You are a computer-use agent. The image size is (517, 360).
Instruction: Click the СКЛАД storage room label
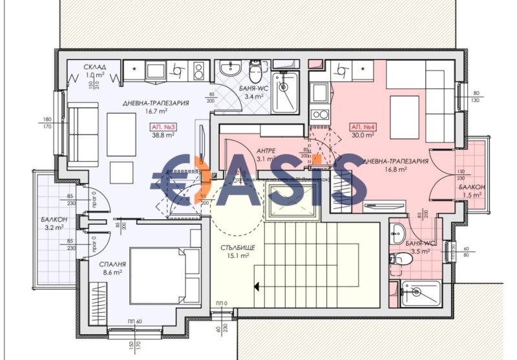coord(94,67)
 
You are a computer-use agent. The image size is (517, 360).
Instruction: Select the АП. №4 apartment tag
coord(363,127)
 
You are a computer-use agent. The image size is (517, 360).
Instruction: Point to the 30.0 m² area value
coord(363,136)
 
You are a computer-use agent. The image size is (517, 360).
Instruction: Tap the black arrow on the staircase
coord(257,284)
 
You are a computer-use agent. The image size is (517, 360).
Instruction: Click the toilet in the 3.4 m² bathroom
coord(256,70)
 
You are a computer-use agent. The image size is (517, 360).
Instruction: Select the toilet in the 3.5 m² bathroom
coord(403,259)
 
